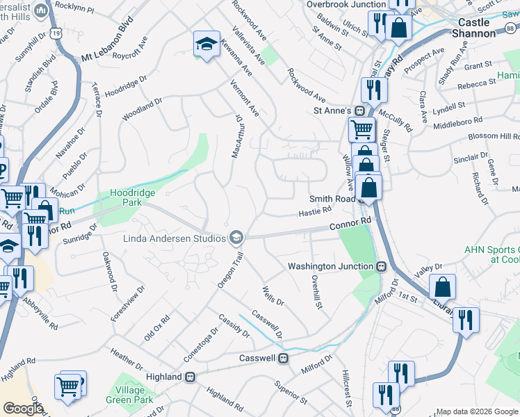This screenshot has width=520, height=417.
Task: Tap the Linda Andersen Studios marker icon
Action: tap(237, 238)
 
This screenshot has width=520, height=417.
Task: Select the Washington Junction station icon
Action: tap(381, 266)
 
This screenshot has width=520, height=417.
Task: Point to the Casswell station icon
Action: tap(283, 358)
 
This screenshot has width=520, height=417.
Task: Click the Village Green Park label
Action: tap(129, 395)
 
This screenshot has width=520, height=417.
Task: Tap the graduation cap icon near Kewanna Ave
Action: tap(206, 44)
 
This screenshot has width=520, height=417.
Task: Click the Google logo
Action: tap(23, 408)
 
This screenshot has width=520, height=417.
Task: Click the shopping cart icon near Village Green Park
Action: tap(67, 386)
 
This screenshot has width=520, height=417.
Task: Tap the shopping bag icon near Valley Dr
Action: tap(442, 286)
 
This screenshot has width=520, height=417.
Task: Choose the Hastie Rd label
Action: tap(315, 211)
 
